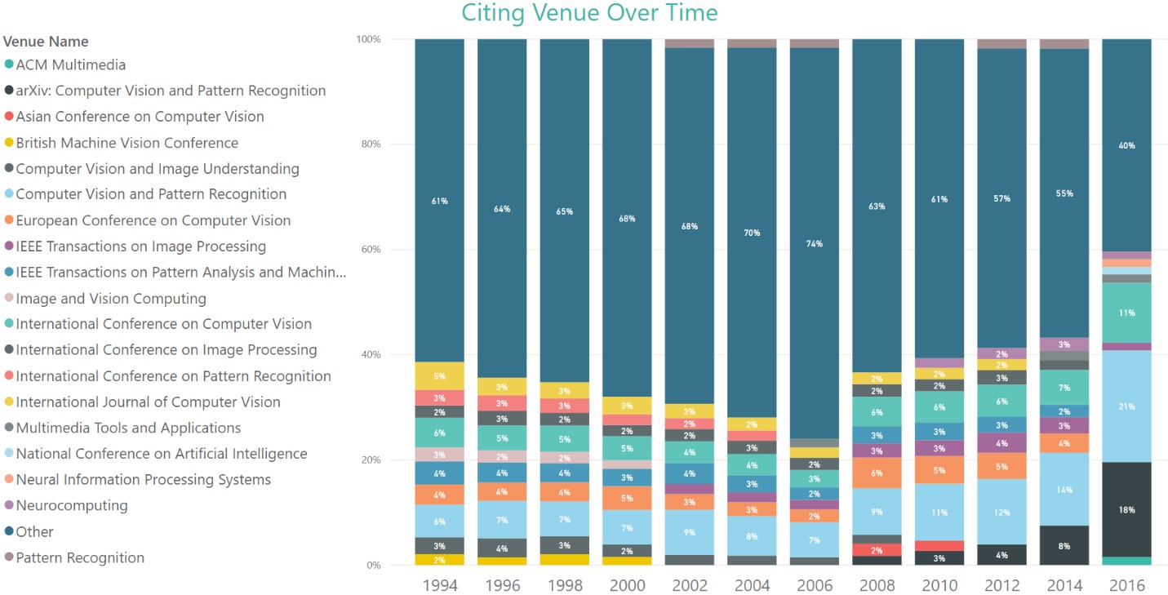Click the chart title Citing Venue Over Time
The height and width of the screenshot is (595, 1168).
[589, 13]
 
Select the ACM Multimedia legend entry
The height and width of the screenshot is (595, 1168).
[71, 64]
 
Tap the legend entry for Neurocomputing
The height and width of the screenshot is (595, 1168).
[72, 505]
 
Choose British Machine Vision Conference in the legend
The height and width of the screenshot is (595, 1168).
[127, 143]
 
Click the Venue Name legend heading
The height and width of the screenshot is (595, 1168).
[47, 41]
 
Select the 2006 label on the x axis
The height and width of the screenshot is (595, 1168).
[814, 586]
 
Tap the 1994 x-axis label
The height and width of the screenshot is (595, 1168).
[440, 586]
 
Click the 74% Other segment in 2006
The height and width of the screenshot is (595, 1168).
[814, 243]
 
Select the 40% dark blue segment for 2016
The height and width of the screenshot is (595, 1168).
[1126, 145]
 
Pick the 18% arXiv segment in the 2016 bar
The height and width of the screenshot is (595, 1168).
[1126, 509]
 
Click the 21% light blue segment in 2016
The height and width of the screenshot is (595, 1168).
[1126, 406]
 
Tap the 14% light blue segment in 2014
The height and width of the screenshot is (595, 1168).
[1064, 490]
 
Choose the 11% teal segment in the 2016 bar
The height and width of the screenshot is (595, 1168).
[1126, 313]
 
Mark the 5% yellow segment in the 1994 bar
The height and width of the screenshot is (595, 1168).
[440, 376]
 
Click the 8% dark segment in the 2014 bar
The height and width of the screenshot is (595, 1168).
[1064, 545]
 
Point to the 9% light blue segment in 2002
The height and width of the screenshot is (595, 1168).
[690, 532]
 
